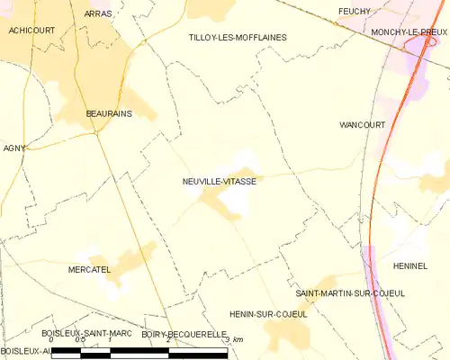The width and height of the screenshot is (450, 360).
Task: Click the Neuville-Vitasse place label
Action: pyautogui.click(x=220, y=181)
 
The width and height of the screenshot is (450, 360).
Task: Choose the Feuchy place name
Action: pyautogui.click(x=355, y=11)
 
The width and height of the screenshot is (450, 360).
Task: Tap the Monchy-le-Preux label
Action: pyautogui.click(x=410, y=31)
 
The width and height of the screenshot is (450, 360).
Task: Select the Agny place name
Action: pyautogui.click(x=14, y=148)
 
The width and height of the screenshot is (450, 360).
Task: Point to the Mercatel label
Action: pyautogui.click(x=89, y=269)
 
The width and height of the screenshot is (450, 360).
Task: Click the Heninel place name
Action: pyautogui.click(x=409, y=266)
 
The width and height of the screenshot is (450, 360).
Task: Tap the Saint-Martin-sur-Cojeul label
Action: pyautogui.click(x=350, y=293)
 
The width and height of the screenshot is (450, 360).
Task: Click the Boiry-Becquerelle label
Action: pyautogui.click(x=184, y=334)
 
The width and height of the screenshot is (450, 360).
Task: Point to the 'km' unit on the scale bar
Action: pyautogui.click(x=238, y=340)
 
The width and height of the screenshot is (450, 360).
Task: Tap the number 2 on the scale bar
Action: pyautogui.click(x=167, y=340)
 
